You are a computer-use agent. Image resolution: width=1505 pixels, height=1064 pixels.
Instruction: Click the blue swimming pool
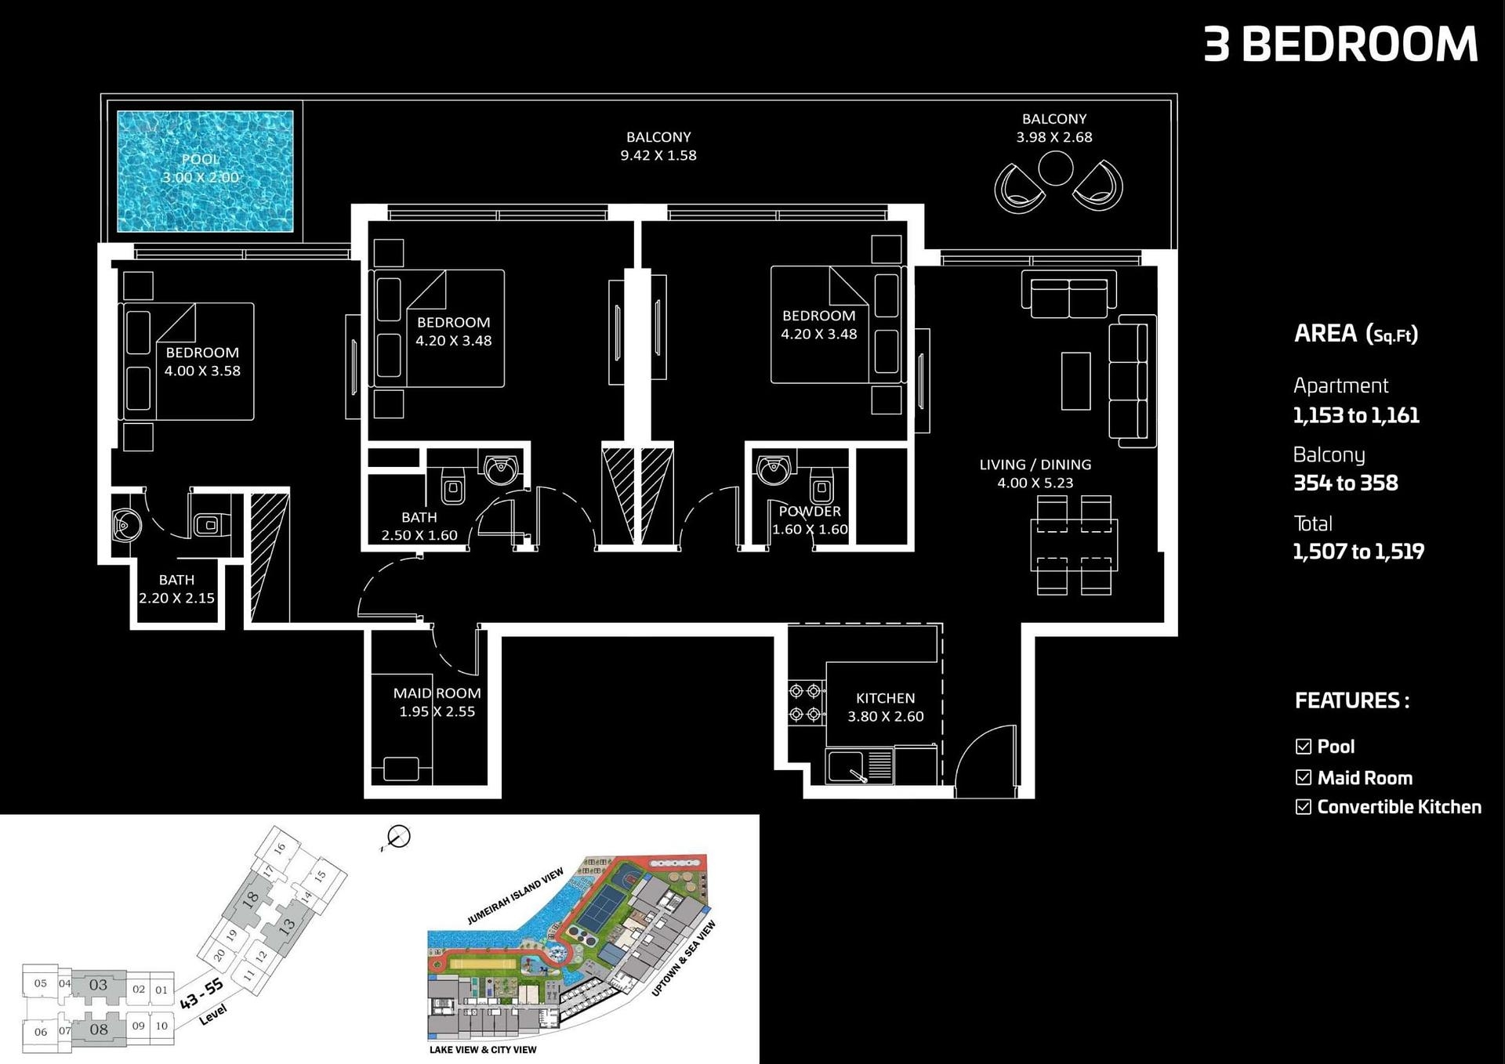[205, 172]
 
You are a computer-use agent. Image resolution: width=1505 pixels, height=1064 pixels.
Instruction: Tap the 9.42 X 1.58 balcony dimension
[658, 155]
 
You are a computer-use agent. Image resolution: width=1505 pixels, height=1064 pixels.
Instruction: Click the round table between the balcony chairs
[1055, 168]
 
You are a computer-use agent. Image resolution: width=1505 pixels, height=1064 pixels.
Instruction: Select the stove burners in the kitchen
[805, 703]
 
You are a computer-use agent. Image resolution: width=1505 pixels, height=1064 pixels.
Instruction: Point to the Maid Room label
[437, 693]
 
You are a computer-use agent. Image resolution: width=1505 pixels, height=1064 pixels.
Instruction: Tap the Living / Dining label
[1035, 465]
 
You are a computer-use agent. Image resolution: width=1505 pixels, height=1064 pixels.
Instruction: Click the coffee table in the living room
[1075, 381]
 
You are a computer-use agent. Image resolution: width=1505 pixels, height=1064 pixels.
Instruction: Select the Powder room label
[810, 511]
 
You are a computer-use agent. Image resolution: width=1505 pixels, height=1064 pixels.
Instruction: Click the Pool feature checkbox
[1304, 747]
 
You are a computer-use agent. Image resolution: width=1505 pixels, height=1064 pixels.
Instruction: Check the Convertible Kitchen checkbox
[1304, 807]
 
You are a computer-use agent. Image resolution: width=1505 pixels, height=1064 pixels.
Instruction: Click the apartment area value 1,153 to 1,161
[1356, 415]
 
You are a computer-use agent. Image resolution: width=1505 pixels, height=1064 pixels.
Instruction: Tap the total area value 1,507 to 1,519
[1358, 552]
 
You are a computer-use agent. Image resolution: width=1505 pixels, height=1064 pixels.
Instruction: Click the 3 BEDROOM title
[1340, 44]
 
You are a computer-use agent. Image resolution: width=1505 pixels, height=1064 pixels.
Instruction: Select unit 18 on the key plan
[250, 899]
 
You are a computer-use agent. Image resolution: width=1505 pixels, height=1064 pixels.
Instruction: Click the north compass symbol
[398, 838]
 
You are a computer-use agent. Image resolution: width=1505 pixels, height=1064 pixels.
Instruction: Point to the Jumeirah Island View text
[515, 896]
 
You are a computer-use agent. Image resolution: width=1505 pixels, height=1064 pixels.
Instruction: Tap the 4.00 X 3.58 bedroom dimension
[202, 371]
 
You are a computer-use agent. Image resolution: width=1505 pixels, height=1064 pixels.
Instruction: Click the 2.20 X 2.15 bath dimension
[176, 598]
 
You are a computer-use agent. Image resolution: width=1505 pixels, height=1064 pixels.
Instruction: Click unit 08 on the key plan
[99, 1030]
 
